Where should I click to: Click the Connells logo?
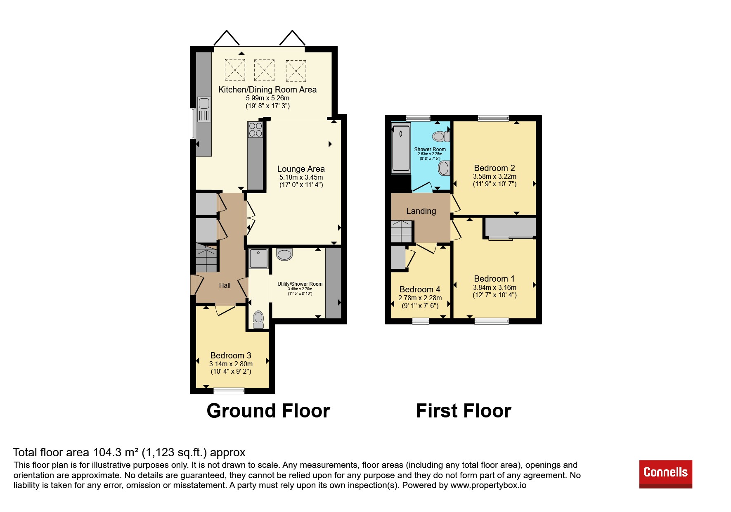pyautogui.click(x=665, y=474)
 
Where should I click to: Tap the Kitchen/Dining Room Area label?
pyautogui.click(x=267, y=90)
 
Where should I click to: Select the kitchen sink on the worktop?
pyautogui.click(x=204, y=109)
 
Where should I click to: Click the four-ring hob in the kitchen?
pyautogui.click(x=255, y=129)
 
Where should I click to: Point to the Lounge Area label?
pyautogui.click(x=301, y=169)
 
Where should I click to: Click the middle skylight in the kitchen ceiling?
pyautogui.click(x=264, y=70)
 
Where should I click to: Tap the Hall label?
pyautogui.click(x=225, y=285)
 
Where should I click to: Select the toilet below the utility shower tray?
pyautogui.click(x=258, y=319)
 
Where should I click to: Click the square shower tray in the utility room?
pyautogui.click(x=258, y=258)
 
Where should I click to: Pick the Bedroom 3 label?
pyautogui.click(x=231, y=356)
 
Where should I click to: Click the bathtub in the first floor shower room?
pyautogui.click(x=401, y=148)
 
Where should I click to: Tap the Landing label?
pyautogui.click(x=421, y=211)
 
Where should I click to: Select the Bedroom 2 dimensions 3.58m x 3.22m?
pyautogui.click(x=494, y=176)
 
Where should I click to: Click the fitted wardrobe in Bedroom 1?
pyautogui.click(x=510, y=228)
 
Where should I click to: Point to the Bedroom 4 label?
pyautogui.click(x=420, y=289)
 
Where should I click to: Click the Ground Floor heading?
pyautogui.click(x=268, y=411)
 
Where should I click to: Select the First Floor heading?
pyautogui.click(x=464, y=411)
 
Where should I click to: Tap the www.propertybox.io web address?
pyautogui.click(x=488, y=485)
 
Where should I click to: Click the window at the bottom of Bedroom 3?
pyautogui.click(x=229, y=391)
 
